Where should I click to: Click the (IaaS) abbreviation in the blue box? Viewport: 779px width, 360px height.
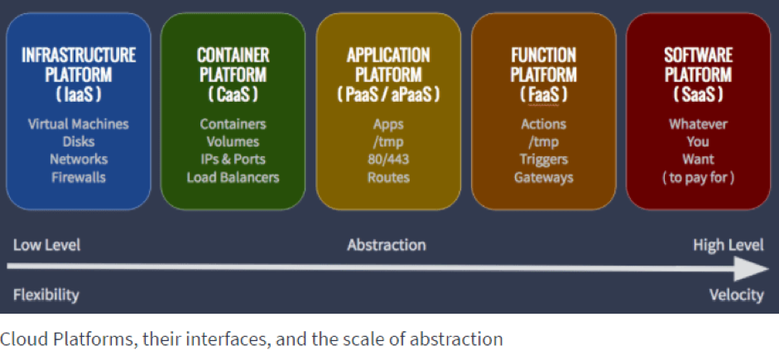(79, 94)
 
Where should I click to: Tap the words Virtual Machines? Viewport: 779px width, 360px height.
(79, 123)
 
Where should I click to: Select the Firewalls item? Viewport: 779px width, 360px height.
(79, 177)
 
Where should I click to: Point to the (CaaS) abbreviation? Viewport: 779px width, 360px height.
(233, 94)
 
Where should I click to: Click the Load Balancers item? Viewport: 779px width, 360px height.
(233, 177)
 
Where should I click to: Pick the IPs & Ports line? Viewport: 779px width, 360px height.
(233, 160)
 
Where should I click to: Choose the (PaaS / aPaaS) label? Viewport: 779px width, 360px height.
(388, 94)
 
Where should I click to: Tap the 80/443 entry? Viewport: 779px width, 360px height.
(388, 160)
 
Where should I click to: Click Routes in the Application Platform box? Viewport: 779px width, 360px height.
(388, 177)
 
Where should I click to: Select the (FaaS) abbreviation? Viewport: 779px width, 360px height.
(544, 94)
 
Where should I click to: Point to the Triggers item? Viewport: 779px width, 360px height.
(544, 160)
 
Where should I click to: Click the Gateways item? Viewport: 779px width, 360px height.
(544, 177)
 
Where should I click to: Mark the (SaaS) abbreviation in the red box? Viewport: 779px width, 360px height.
(698, 94)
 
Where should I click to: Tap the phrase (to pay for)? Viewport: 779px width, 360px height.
(698, 177)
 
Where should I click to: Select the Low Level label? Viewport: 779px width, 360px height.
(46, 245)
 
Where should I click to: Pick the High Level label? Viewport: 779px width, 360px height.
(729, 245)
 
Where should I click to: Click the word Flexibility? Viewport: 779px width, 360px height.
(46, 295)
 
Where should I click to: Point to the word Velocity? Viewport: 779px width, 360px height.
(736, 295)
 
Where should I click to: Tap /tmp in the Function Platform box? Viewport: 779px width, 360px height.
(544, 142)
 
